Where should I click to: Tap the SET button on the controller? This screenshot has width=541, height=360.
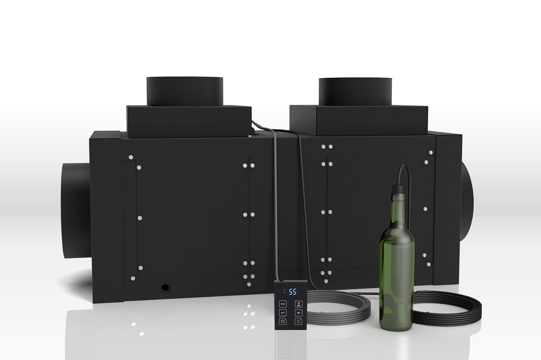coord(283,312)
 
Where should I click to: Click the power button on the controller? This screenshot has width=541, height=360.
coord(283,321)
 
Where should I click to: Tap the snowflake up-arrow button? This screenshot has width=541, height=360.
coord(298,303)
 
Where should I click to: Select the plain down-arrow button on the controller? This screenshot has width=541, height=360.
coord(298,312)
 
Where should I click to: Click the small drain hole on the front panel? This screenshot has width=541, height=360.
coord(165,287)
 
